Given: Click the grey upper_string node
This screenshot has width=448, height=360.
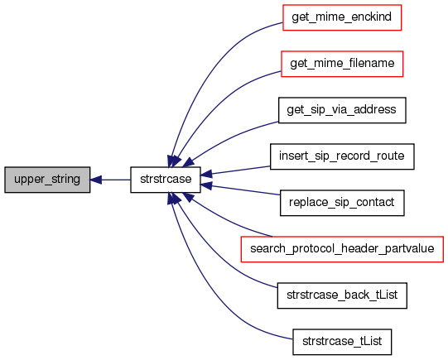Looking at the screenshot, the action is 47,180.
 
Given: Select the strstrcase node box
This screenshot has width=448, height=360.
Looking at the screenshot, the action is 166,180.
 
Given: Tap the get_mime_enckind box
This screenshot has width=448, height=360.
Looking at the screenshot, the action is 342,17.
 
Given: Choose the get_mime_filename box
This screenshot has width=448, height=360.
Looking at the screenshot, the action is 342,64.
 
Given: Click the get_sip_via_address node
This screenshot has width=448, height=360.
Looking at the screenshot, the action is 342,110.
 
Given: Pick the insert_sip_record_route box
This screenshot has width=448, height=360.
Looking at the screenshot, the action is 342,156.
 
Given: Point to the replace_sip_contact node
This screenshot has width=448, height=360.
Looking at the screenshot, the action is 342,203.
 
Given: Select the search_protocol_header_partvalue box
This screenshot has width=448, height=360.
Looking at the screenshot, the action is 342,249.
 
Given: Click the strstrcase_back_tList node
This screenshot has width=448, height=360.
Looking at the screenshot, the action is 342,295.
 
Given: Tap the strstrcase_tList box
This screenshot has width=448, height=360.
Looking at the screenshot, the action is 342,342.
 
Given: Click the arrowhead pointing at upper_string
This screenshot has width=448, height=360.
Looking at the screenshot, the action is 96,180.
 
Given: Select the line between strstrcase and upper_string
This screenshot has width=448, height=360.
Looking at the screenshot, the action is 110,180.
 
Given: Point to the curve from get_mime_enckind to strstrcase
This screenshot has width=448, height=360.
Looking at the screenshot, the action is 210,65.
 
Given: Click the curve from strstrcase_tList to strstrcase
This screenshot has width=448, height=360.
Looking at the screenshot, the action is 210,294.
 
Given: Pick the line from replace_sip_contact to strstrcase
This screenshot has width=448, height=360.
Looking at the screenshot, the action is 240,190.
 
